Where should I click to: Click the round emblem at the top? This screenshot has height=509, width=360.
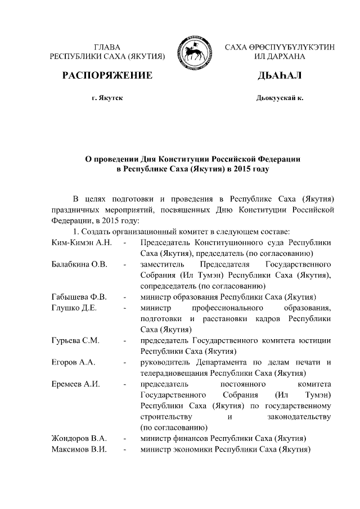(193, 51)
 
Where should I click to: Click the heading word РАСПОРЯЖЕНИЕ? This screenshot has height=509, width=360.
(107, 76)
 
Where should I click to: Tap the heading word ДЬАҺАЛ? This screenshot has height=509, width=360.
(280, 76)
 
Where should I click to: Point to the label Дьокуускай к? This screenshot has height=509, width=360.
(280, 98)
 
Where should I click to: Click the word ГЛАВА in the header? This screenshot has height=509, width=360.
(107, 47)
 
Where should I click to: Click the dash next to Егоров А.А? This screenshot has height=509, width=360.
(125, 362)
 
